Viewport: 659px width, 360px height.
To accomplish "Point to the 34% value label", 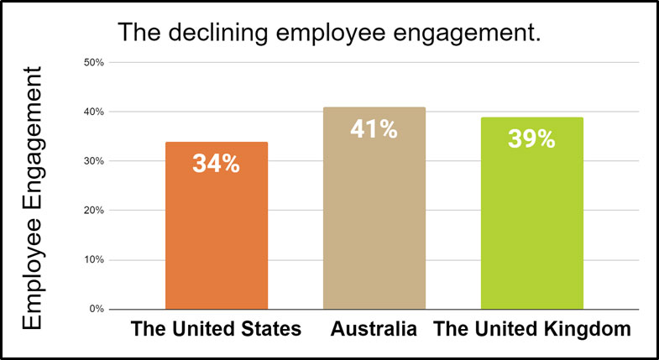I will coord(217,164).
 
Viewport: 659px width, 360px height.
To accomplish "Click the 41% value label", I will coord(374,130).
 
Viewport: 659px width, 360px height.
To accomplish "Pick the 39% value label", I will coord(531,139).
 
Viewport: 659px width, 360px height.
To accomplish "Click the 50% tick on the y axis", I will coord(92,63).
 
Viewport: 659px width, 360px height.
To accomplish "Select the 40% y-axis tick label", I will coord(92,112).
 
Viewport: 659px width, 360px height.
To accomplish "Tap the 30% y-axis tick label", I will coord(92,161).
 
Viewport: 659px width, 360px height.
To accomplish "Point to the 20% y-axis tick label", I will coord(92,211).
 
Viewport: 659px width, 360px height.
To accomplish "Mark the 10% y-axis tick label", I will coord(92,260).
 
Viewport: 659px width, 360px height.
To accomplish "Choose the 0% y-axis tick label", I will coord(95,309).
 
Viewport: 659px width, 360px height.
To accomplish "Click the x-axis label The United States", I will coord(216,329).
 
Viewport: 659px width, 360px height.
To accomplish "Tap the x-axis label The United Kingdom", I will coord(531,329).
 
